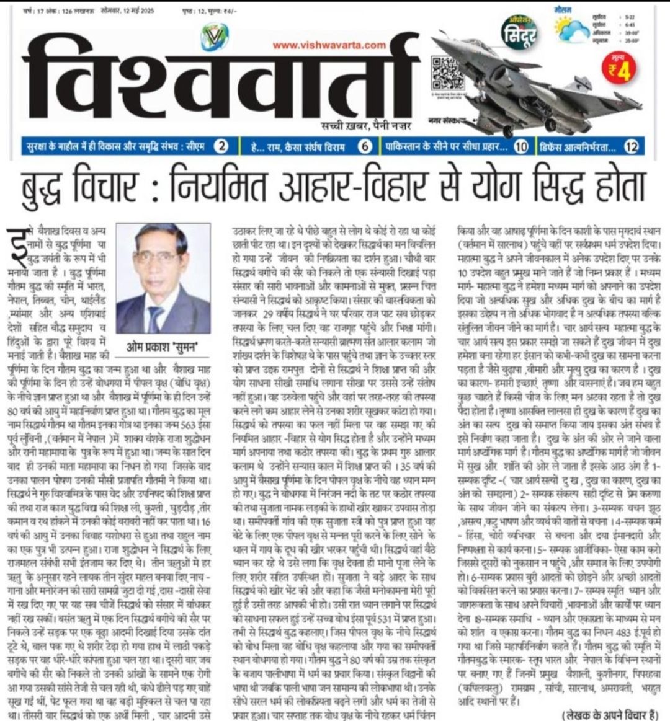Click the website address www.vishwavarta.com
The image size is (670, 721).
(x=329, y=45)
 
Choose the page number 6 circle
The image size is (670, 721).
(x=366, y=147)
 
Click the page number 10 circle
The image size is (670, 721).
(x=521, y=147)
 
